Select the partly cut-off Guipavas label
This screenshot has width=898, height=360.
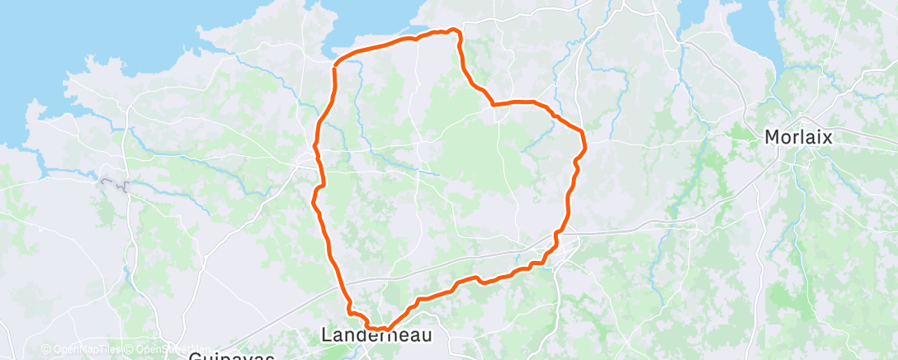[230, 356]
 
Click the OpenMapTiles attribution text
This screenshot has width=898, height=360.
[87, 350]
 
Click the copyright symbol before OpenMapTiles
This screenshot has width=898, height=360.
[46, 350]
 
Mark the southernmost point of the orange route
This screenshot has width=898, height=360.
[384, 329]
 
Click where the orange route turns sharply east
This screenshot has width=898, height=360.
[494, 104]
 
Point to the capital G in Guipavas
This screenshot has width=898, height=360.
[195, 356]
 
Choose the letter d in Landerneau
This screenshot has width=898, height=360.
[360, 334]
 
